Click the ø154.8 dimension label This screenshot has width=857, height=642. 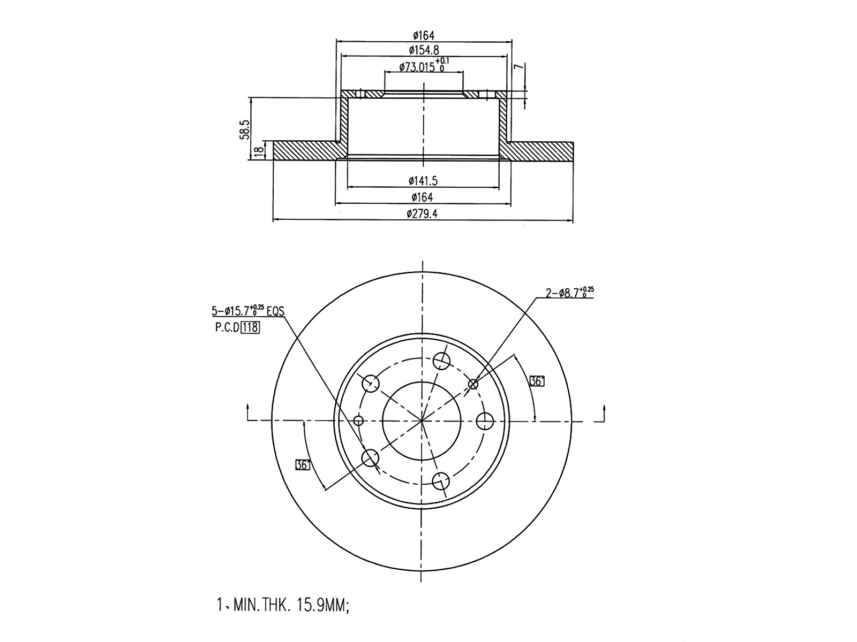point(423,50)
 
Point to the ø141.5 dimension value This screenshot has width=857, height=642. point(423,181)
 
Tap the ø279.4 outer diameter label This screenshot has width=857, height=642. point(423,214)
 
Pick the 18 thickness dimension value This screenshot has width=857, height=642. point(259,151)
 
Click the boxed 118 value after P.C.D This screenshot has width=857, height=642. point(250,328)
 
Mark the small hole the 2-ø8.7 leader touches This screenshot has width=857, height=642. point(473,384)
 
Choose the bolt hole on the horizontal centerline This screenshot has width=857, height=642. point(485,421)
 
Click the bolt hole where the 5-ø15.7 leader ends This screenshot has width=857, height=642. point(370,458)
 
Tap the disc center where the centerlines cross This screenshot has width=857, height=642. point(422,421)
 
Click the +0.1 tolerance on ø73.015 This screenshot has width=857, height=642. point(444,62)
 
